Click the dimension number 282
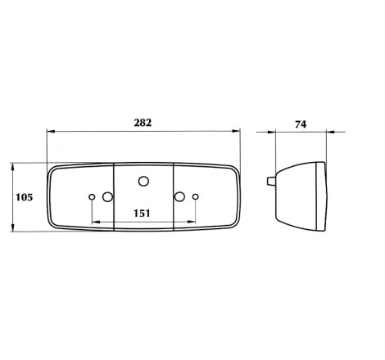coord(143,123)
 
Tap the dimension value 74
coord(301,124)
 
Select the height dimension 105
coord(24,197)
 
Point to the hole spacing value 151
coord(142,213)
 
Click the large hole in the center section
coord(143,181)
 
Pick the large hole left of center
coord(107,196)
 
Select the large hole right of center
coord(179,196)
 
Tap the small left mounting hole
coord(92,196)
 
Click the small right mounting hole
coord(196,196)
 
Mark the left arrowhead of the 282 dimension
coord(51,132)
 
